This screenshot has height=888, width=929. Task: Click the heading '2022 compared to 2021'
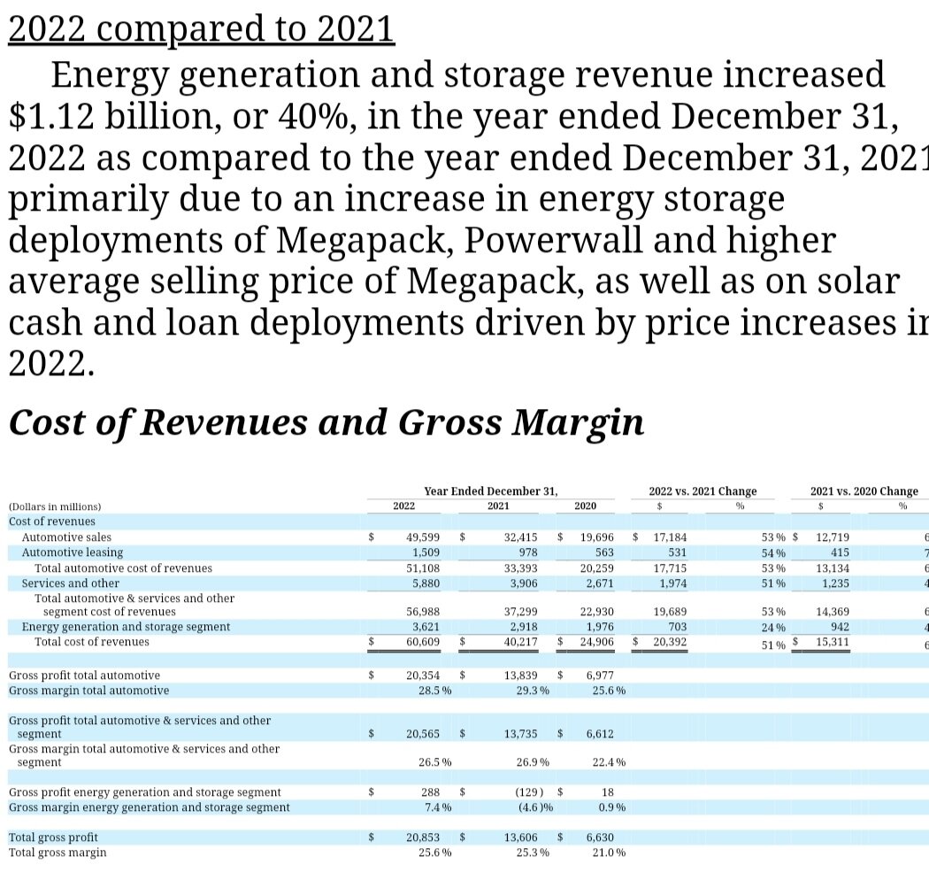pyautogui.click(x=201, y=28)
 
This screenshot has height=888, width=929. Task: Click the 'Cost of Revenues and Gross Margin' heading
pyautogui.click(x=326, y=422)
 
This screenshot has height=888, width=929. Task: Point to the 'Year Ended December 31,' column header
pyautogui.click(x=491, y=491)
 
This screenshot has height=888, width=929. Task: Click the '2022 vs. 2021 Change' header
pyautogui.click(x=703, y=491)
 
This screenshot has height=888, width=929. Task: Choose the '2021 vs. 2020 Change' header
pyautogui.click(x=864, y=491)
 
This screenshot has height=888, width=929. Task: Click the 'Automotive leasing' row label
pyautogui.click(x=71, y=552)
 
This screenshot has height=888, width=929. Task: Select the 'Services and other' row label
pyautogui.click(x=70, y=583)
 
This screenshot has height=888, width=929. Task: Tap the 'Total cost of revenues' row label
pyautogui.click(x=92, y=642)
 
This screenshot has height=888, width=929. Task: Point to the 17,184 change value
pyautogui.click(x=670, y=537)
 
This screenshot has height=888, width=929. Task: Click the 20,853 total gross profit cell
pyautogui.click(x=423, y=838)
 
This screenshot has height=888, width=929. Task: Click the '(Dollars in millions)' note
pyautogui.click(x=55, y=506)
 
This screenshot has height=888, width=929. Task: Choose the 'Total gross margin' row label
pyautogui.click(x=58, y=853)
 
